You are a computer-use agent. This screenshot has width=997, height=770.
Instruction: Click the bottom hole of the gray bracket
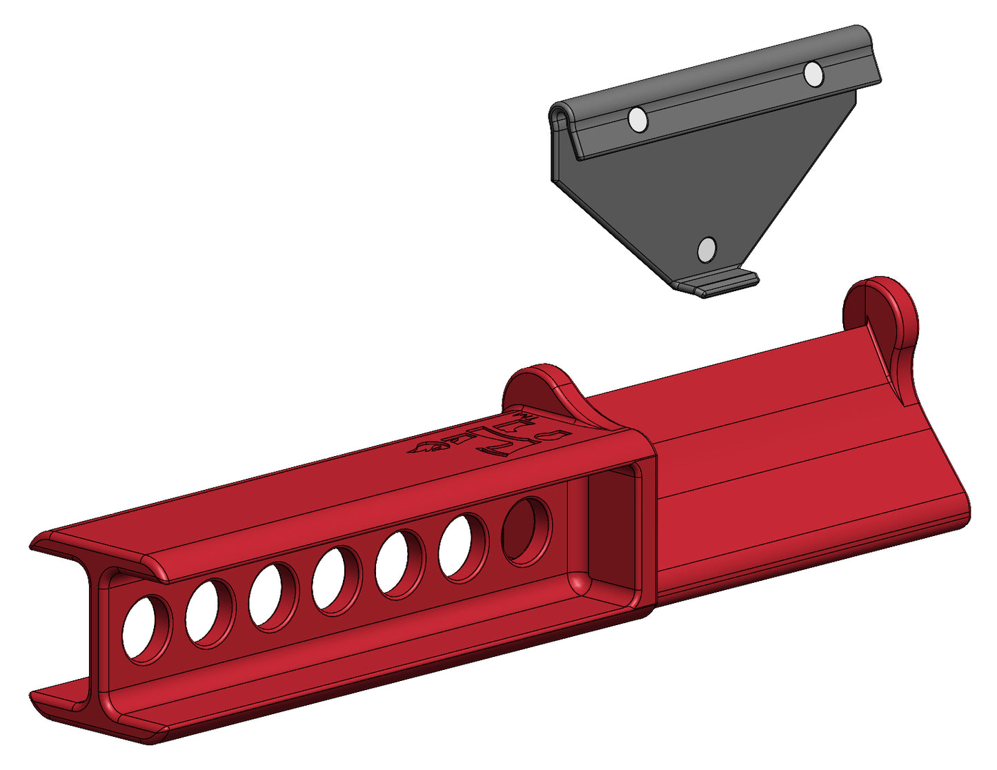click(x=706, y=249)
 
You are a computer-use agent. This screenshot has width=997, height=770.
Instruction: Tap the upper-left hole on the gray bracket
click(x=638, y=121)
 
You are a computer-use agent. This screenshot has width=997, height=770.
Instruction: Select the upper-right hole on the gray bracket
click(x=813, y=74)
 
